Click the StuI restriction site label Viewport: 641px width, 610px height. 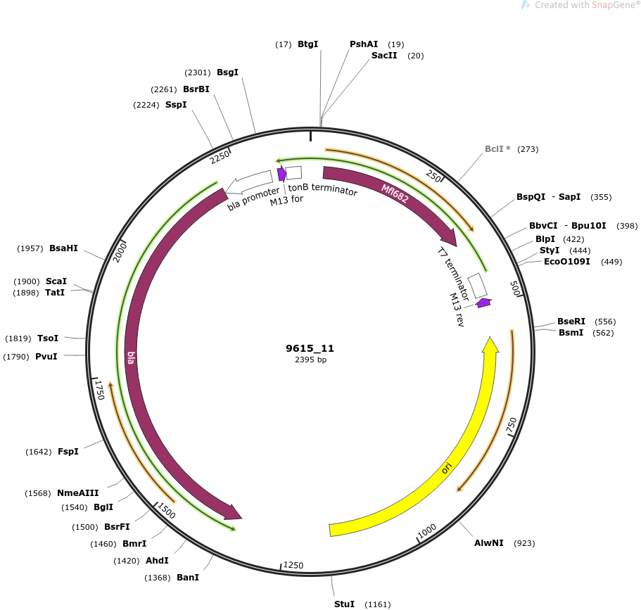(x=344, y=604)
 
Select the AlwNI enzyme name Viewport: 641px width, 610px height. (x=488, y=543)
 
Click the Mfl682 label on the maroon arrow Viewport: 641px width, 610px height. (x=395, y=193)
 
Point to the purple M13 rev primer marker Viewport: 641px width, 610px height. (x=484, y=303)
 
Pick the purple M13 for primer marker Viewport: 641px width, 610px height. (x=281, y=173)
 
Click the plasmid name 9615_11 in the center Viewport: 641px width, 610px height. (x=310, y=348)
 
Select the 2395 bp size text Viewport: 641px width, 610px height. (x=311, y=360)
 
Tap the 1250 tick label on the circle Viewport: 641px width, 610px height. (x=293, y=565)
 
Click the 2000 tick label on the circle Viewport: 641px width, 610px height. (x=120, y=252)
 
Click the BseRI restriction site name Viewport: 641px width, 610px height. (x=571, y=322)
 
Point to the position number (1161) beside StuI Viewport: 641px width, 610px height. (x=377, y=604)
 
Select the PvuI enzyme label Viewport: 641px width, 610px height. (x=46, y=357)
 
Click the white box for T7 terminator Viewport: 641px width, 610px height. (x=477, y=286)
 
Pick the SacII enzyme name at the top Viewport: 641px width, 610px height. (x=384, y=55)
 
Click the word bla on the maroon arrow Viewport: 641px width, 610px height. (x=131, y=357)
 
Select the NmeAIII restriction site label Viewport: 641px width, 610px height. (x=77, y=493)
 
